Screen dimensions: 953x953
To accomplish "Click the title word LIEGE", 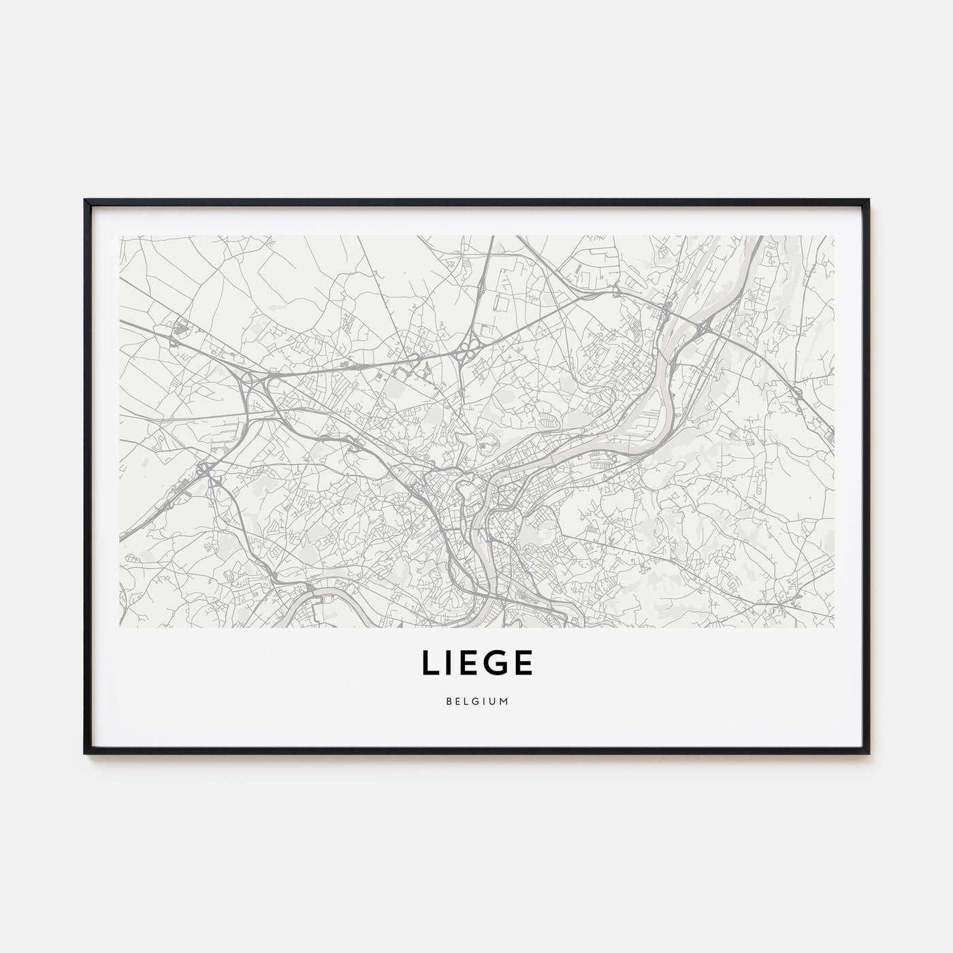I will tap(476, 664).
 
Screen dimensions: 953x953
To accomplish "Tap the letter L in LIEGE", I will tap(431, 664).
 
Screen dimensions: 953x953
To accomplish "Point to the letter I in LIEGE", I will tap(450, 664).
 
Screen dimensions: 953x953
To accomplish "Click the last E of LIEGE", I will tap(522, 664).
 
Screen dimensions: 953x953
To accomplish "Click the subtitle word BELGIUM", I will tap(476, 700).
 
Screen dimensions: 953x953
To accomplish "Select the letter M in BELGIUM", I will tap(504, 700).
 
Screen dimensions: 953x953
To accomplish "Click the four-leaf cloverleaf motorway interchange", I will tap(467, 352).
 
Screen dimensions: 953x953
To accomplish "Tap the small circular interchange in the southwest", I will tap(204, 469).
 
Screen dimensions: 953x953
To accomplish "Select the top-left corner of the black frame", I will tap(86, 201).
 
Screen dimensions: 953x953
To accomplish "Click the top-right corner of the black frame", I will tap(868, 201).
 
